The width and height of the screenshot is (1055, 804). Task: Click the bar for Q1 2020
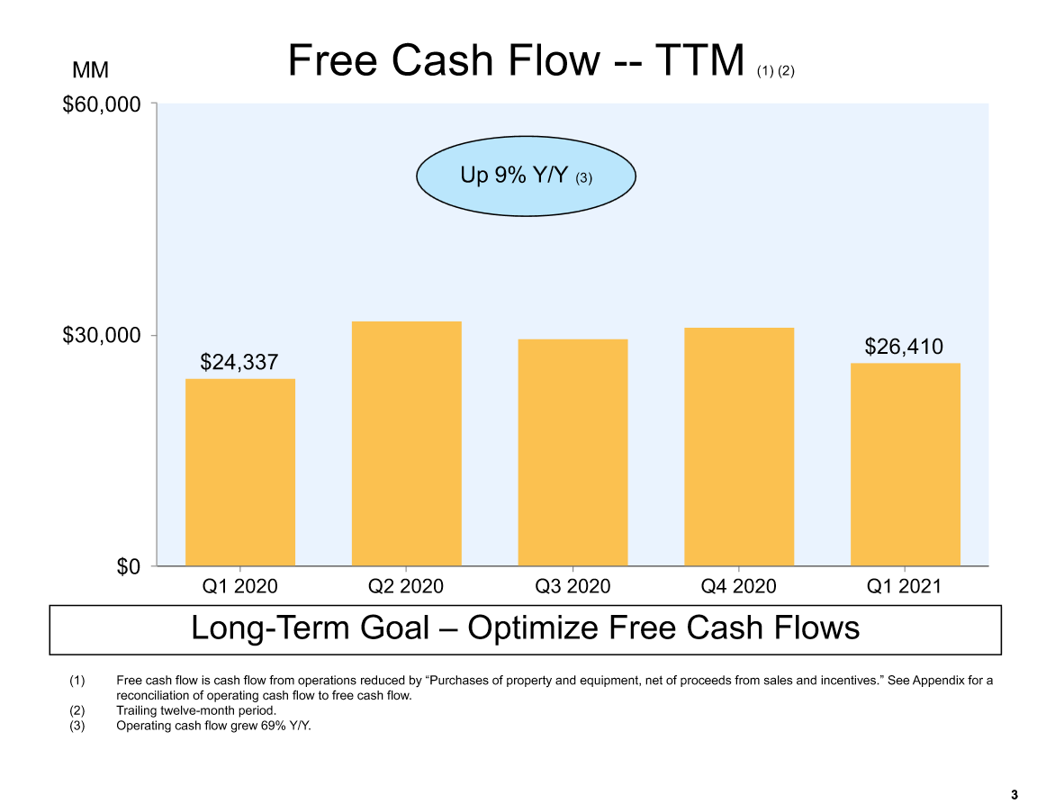(x=240, y=473)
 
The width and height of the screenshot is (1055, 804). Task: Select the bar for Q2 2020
(x=406, y=443)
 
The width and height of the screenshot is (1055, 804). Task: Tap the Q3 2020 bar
(x=573, y=452)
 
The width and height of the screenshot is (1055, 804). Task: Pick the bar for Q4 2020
(x=739, y=447)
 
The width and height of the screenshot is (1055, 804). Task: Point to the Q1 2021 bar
(x=905, y=465)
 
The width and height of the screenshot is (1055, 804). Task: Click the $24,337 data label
(x=239, y=362)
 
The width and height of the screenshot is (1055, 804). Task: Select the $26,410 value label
(x=904, y=347)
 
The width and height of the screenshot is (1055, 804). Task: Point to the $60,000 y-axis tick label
(x=102, y=104)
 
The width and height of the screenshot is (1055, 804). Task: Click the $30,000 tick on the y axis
(x=102, y=335)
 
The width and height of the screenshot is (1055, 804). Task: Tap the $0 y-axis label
(x=129, y=566)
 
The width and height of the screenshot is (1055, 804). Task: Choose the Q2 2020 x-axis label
(x=406, y=586)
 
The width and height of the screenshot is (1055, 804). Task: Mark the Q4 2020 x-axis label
(x=738, y=586)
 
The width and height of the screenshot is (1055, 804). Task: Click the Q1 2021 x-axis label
(x=904, y=586)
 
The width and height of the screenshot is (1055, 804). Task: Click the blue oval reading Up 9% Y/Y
(x=527, y=176)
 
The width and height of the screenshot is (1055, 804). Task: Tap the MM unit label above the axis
(x=90, y=70)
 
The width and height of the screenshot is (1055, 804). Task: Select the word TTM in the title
(x=699, y=60)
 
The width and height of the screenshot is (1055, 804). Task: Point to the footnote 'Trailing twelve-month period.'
(x=196, y=710)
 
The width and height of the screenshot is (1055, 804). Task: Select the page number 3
(x=1014, y=795)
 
